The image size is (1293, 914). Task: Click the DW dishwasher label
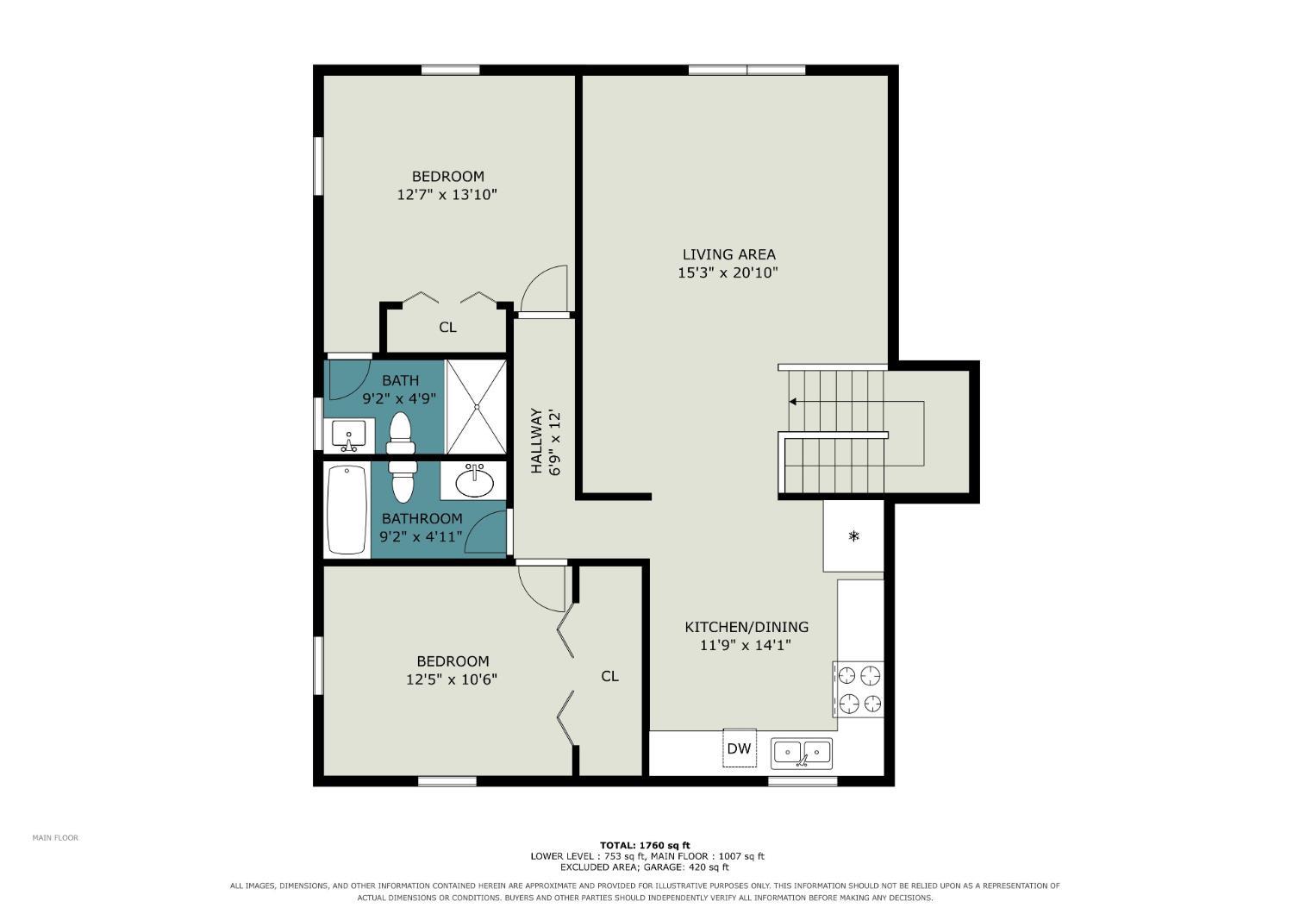coord(739,748)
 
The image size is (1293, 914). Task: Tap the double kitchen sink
coord(802,754)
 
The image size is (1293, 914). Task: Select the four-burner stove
coord(859,690)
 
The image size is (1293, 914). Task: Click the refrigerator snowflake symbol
coord(853,536)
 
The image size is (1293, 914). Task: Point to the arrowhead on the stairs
coord(793,401)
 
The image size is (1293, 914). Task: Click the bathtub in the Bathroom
coord(347,510)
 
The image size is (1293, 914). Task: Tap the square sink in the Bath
coord(348,436)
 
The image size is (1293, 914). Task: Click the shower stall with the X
coord(477,406)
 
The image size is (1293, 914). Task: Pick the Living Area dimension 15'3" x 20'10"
coord(728,272)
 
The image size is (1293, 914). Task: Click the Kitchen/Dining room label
coord(746,627)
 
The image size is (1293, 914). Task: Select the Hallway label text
coord(537,441)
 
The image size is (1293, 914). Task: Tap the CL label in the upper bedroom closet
coord(448,328)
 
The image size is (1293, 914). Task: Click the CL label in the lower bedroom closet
coord(610,676)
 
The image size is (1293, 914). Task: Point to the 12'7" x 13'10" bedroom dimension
coord(447,195)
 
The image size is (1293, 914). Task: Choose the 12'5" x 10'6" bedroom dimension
coord(452,679)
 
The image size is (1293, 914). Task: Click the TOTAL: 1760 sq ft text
coord(646,846)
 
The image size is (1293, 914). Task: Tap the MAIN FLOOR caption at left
coord(55,838)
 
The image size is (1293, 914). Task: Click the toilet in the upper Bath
coord(401,435)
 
